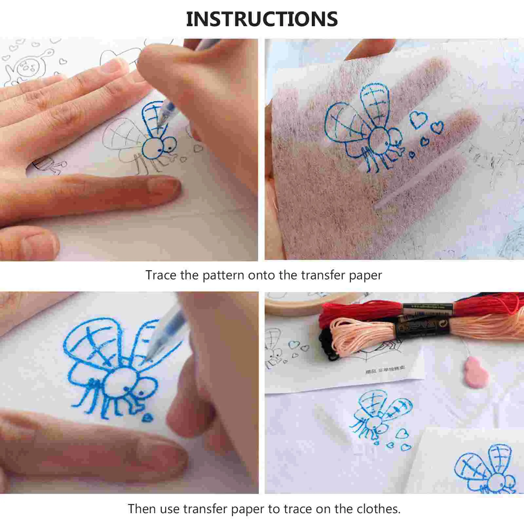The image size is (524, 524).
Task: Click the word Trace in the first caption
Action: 161,275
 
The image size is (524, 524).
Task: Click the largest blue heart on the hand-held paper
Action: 418,120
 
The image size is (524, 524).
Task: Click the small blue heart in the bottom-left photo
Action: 147,418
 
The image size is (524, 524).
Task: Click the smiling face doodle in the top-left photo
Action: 25,67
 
